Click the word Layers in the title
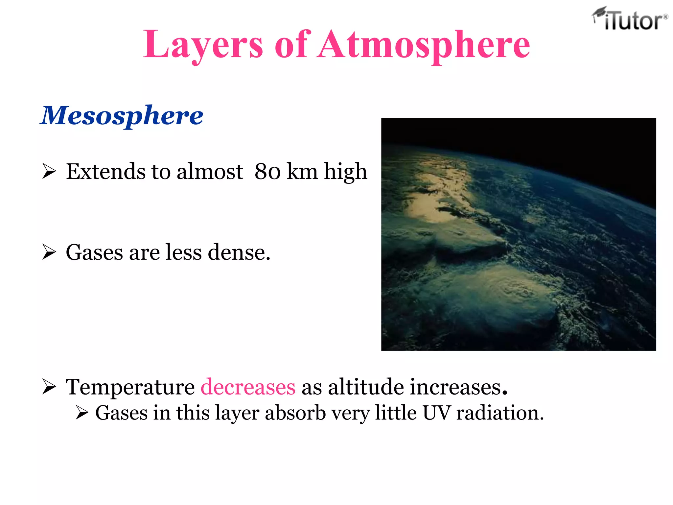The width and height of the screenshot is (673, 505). (x=203, y=45)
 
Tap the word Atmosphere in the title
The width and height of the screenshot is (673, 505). (x=424, y=45)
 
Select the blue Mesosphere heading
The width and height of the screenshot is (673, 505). (x=122, y=115)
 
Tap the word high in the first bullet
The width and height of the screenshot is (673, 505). (x=345, y=172)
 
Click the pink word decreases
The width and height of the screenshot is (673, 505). (x=248, y=387)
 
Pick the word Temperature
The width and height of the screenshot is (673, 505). (x=130, y=387)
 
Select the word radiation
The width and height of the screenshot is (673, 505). (x=500, y=413)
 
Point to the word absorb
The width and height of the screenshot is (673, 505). (x=295, y=413)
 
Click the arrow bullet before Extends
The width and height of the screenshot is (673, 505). (x=49, y=172)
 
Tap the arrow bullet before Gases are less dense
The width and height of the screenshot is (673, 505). (x=49, y=252)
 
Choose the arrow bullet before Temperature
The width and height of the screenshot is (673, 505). (x=49, y=387)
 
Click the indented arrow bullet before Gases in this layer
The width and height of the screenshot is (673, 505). (x=81, y=413)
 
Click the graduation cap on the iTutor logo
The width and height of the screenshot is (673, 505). (x=599, y=12)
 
